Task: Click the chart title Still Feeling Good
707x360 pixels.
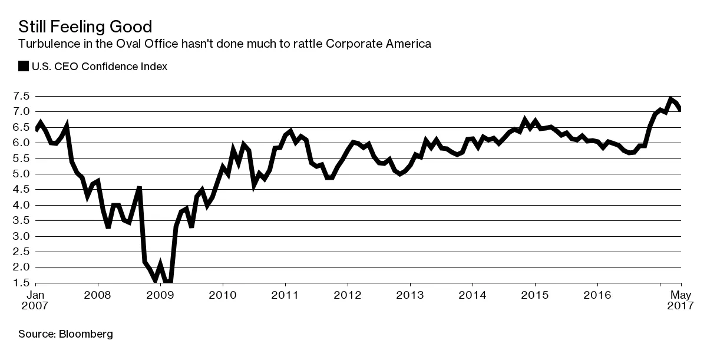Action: click(x=85, y=27)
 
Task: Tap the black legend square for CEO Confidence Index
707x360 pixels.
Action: click(x=24, y=66)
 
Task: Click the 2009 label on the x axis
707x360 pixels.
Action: click(x=160, y=294)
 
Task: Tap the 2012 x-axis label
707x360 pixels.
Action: click(x=348, y=294)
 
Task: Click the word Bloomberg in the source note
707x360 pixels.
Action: click(x=85, y=335)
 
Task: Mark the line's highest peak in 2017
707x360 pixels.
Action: click(x=671, y=98)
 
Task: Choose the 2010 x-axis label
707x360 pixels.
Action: click(x=223, y=294)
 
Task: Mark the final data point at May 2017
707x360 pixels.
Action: click(x=680, y=110)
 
